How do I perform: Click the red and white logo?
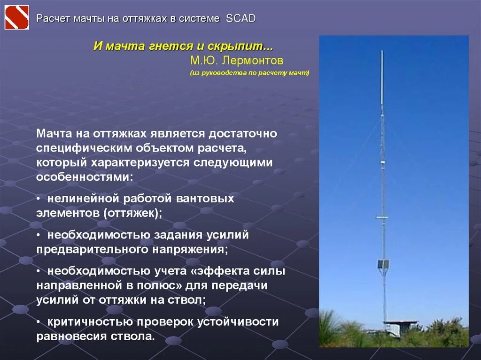tap(16, 18)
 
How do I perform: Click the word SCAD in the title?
tap(240, 18)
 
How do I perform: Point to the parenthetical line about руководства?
tap(249, 73)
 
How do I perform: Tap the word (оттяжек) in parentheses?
tap(133, 213)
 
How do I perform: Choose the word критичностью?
tap(89, 322)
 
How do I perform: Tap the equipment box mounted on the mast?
tap(383, 264)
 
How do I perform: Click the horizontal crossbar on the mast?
tap(382, 217)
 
